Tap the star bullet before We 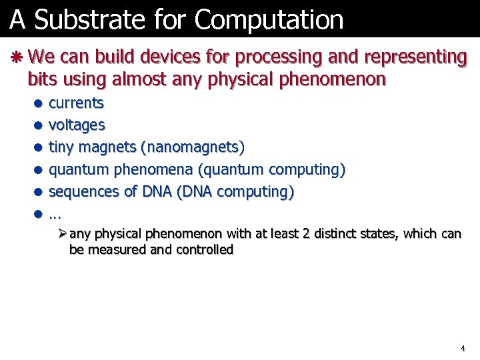coord(18,57)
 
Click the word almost coord(135,80)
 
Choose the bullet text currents coord(77,103)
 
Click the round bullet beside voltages coord(39,125)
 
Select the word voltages coord(77,125)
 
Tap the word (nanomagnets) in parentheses coord(197,147)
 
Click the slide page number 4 coord(463,349)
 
